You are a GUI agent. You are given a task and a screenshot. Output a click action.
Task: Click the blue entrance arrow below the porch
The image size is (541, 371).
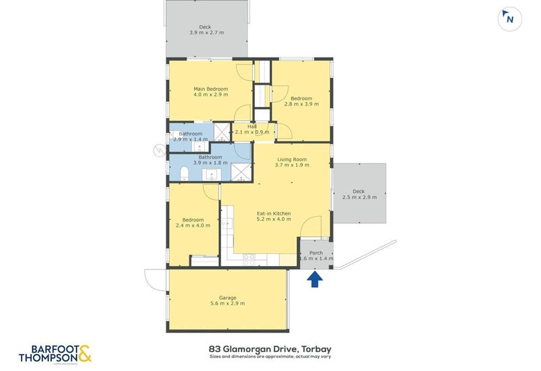tap(314, 279)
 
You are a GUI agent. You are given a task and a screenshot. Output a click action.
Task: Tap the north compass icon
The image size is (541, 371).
tap(509, 19)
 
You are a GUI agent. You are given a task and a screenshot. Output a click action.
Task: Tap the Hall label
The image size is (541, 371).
tap(252, 126)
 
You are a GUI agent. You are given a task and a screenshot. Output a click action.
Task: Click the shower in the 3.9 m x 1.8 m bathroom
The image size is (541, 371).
tap(240, 173)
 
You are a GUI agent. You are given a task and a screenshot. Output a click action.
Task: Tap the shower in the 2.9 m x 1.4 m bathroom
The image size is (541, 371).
tap(222, 131)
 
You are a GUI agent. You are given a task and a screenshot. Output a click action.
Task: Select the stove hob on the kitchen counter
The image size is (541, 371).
tap(248, 257)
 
